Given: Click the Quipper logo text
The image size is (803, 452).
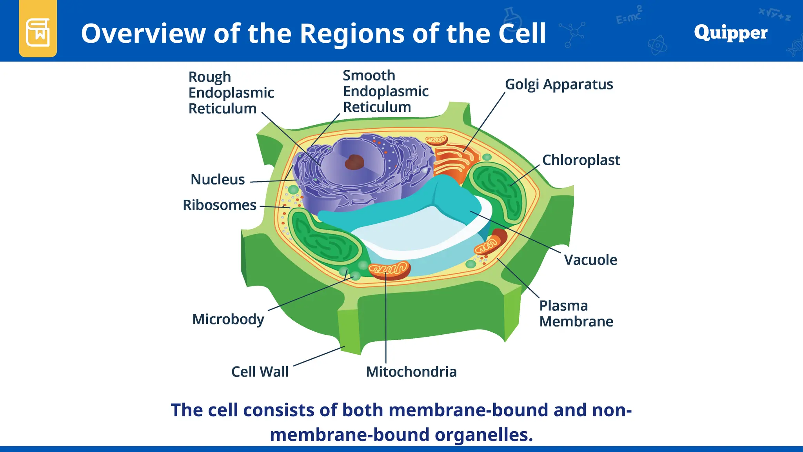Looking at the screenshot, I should coord(730,33).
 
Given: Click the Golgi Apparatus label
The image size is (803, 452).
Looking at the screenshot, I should coord(559,84).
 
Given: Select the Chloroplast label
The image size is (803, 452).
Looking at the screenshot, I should coord(581,160).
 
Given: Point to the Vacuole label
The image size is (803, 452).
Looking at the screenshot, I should coord(590,260).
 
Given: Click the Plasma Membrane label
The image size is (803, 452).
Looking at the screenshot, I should coord(576,313).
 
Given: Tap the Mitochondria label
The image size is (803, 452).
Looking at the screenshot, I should coord(411,372).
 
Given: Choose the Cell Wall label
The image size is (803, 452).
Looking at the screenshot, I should coord(260,372).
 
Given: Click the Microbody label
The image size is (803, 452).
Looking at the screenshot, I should coord(228,319).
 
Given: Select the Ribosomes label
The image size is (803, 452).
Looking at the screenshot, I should coord(220,205).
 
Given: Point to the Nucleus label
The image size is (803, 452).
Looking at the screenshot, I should coord(218,179).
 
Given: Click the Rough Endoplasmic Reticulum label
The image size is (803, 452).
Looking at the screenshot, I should coord(231,93).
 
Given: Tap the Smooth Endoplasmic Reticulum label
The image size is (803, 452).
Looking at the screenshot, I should coord(385,91).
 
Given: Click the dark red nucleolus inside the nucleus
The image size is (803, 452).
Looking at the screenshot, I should coord(354,162).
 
